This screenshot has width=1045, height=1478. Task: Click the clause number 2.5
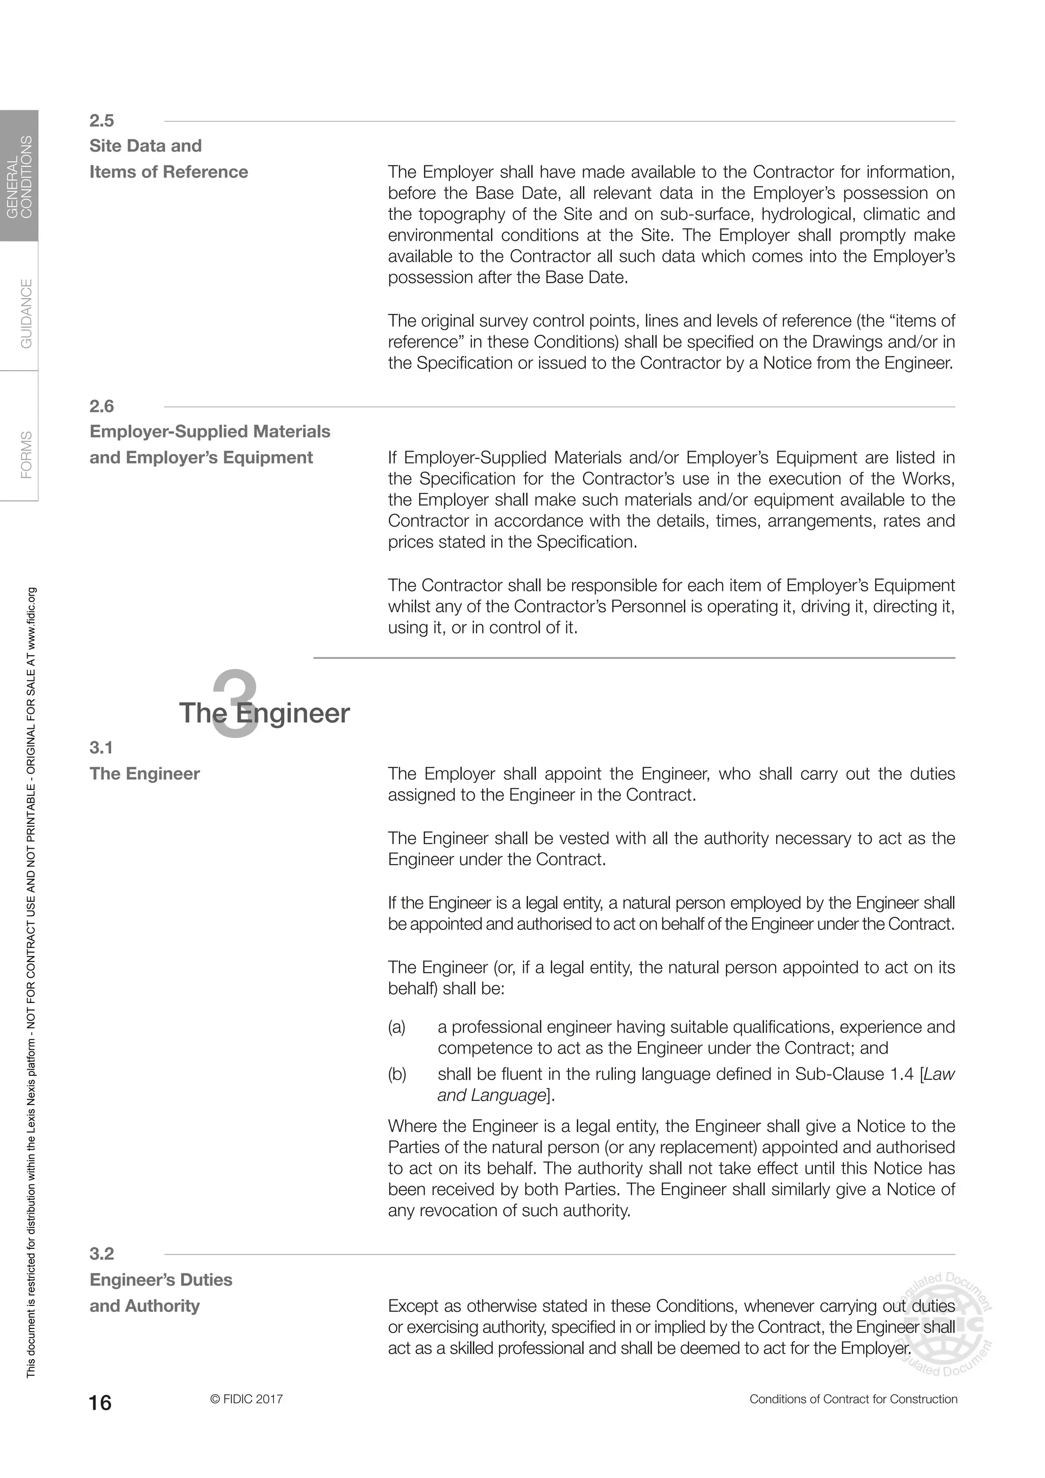point(102,121)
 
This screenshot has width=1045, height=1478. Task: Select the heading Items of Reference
point(168,172)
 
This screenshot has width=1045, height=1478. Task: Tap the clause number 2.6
point(102,406)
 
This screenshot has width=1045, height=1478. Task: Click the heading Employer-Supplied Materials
point(210,431)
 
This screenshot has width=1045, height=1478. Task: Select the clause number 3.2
point(102,1253)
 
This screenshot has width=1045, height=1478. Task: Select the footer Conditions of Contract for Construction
point(853,1399)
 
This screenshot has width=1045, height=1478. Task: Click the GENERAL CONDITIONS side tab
point(19,177)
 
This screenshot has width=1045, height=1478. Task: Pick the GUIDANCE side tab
point(26,313)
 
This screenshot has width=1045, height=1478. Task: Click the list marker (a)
point(397,1027)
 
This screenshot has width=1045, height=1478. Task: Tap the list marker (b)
point(397,1074)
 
